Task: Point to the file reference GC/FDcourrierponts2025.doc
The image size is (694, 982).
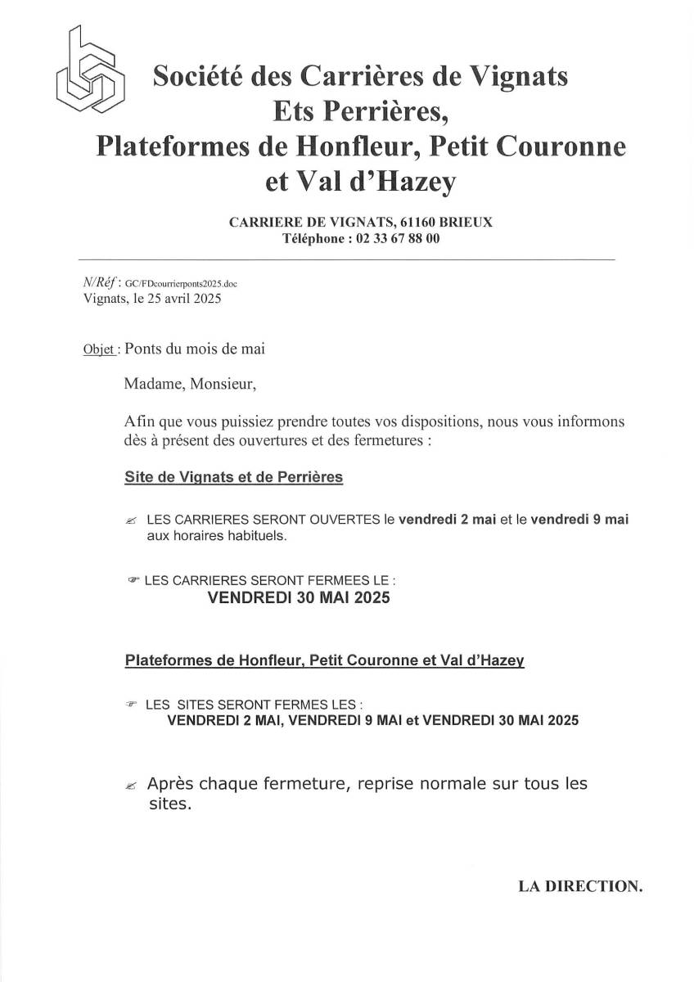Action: pos(182,283)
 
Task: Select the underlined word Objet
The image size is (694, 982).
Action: pos(99,349)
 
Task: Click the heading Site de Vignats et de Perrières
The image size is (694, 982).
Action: pos(233,476)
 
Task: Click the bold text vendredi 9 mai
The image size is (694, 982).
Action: pos(579,520)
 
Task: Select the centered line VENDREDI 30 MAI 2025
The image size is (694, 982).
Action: pos(300,598)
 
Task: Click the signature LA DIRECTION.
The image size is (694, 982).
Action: pos(580,885)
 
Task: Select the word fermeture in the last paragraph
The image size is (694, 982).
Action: pos(308,783)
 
